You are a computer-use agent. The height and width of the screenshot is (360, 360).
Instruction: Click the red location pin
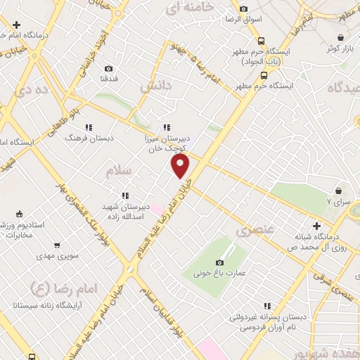tap(181, 166)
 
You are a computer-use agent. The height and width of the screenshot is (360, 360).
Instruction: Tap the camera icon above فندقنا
tap(108, 68)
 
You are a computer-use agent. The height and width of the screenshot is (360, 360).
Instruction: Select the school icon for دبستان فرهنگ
tap(89, 127)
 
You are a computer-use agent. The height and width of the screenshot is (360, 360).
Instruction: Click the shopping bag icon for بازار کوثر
tap(340, 38)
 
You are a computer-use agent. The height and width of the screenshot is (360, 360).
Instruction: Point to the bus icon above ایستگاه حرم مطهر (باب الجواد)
tap(261, 41)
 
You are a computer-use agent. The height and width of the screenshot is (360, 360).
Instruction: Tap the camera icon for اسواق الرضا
tap(243, 9)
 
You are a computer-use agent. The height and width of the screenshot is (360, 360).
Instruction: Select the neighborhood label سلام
tap(119, 171)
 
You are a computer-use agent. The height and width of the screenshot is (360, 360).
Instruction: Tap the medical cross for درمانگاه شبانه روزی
tap(317, 226)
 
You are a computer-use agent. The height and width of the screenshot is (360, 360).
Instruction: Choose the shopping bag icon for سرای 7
tap(340, 190)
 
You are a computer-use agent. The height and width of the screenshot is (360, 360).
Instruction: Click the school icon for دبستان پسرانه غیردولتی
tap(267, 305)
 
